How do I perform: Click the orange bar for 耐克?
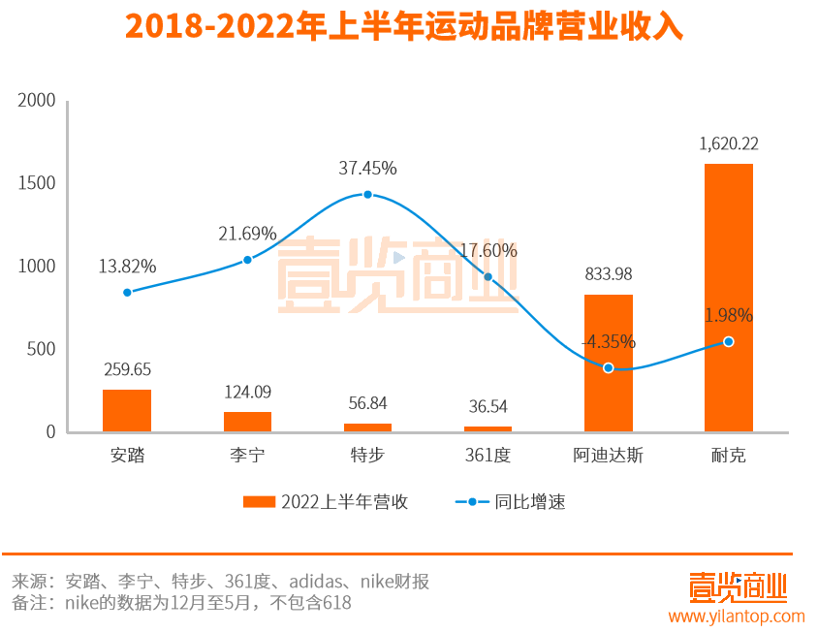tap(728, 298)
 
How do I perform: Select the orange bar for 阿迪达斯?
tap(608, 364)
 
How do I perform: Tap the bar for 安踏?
tap(127, 411)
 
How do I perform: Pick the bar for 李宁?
tap(247, 422)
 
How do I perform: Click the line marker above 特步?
tap(367, 194)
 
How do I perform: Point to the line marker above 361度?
tap(488, 277)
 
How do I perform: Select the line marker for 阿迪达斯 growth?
tap(608, 368)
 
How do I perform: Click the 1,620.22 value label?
tap(728, 143)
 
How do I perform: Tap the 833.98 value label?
tap(608, 274)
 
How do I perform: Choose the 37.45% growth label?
tap(367, 168)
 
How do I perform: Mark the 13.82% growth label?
tap(127, 266)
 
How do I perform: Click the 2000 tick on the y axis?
tap(38, 101)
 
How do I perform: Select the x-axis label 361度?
tap(488, 455)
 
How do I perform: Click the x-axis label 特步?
tap(367, 455)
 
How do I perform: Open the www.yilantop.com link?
tap(736, 616)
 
